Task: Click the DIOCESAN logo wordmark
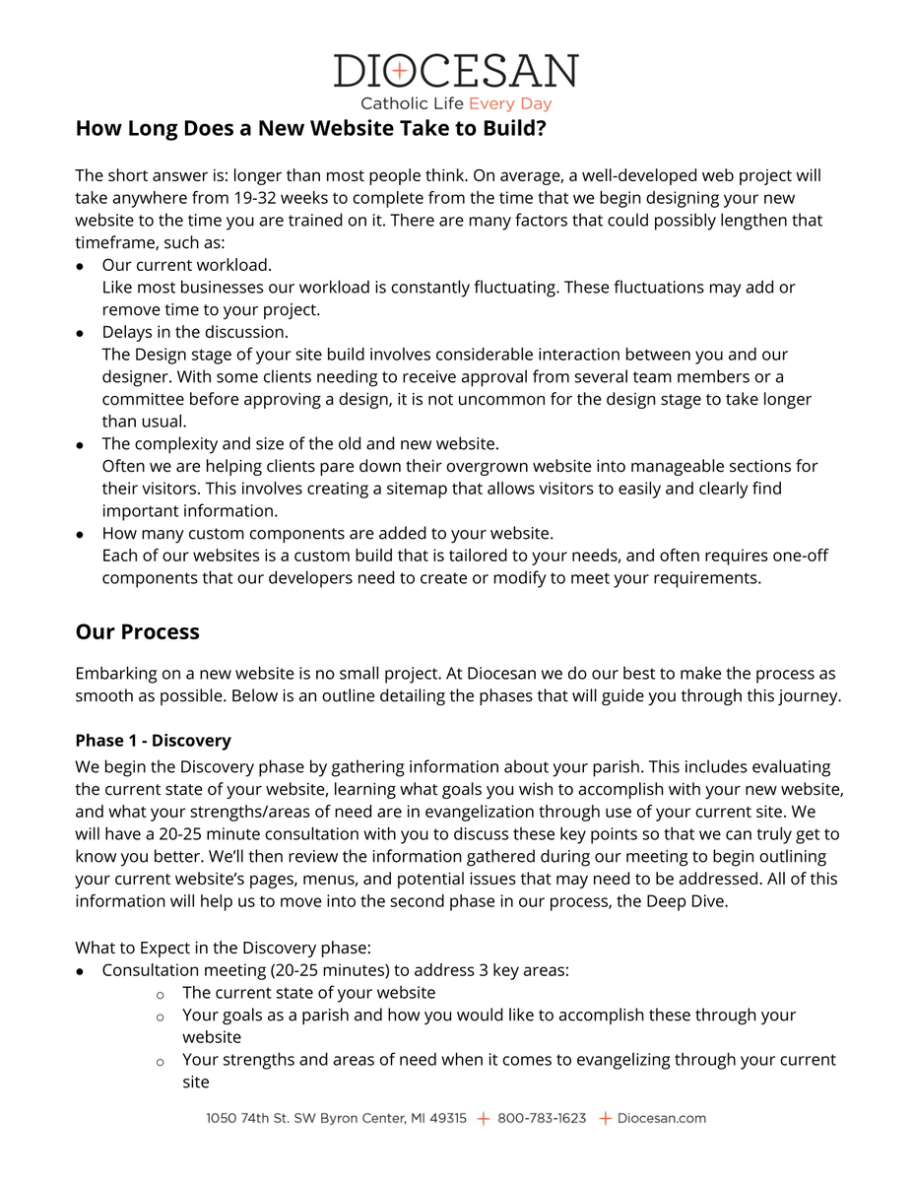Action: point(456,72)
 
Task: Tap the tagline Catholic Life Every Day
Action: point(456,103)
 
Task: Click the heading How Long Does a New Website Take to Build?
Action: point(310,129)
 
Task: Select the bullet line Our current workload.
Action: point(187,265)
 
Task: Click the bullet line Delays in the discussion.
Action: point(195,332)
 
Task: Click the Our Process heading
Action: point(138,632)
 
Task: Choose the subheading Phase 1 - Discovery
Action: point(153,741)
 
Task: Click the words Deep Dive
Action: point(686,901)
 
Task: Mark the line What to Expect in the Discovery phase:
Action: point(223,948)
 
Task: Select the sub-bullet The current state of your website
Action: point(308,993)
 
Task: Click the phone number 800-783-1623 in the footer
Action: point(542,1119)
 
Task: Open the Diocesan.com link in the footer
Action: point(662,1119)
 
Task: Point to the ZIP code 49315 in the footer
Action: point(448,1119)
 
